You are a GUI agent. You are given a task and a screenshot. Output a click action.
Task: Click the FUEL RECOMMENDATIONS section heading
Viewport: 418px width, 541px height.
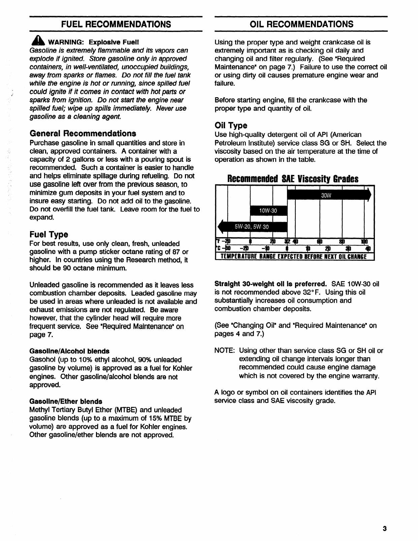pyautogui.click(x=116, y=24)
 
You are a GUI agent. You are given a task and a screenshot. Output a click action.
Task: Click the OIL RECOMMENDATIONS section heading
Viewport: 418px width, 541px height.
pyautogui.click(x=301, y=24)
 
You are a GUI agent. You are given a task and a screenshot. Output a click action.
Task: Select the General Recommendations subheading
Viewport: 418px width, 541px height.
pyautogui.click(x=83, y=133)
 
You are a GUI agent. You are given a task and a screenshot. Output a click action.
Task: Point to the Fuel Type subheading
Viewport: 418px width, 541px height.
pyautogui.click(x=49, y=234)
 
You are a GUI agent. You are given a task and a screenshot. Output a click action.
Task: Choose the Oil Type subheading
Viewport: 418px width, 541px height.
pyautogui.click(x=231, y=125)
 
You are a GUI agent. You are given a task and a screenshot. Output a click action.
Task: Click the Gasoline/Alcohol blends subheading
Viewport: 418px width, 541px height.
pyautogui.click(x=69, y=351)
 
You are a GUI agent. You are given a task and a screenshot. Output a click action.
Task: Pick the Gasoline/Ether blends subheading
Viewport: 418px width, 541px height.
pyautogui.click(x=66, y=401)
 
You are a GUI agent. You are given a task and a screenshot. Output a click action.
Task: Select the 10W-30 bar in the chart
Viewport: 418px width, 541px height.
pyautogui.click(x=268, y=211)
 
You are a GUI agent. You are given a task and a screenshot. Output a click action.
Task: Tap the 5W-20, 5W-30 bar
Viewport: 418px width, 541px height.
pyautogui.click(x=252, y=226)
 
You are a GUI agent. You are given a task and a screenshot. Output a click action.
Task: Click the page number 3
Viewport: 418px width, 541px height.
pyautogui.click(x=385, y=528)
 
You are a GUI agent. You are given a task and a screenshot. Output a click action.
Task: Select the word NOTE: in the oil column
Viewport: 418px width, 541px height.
pyautogui.click(x=225, y=351)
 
